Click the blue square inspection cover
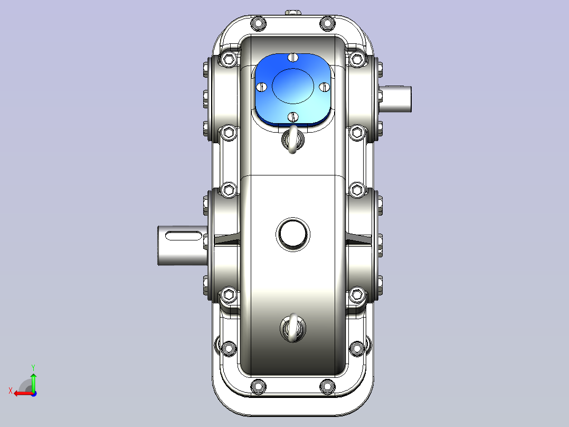click(293, 89)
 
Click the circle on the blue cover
click(293, 86)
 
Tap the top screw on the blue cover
click(293, 58)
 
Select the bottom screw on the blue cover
click(293, 117)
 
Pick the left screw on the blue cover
click(262, 87)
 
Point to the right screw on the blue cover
click(324, 87)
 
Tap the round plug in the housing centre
click(293, 235)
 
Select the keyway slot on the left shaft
click(183, 236)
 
